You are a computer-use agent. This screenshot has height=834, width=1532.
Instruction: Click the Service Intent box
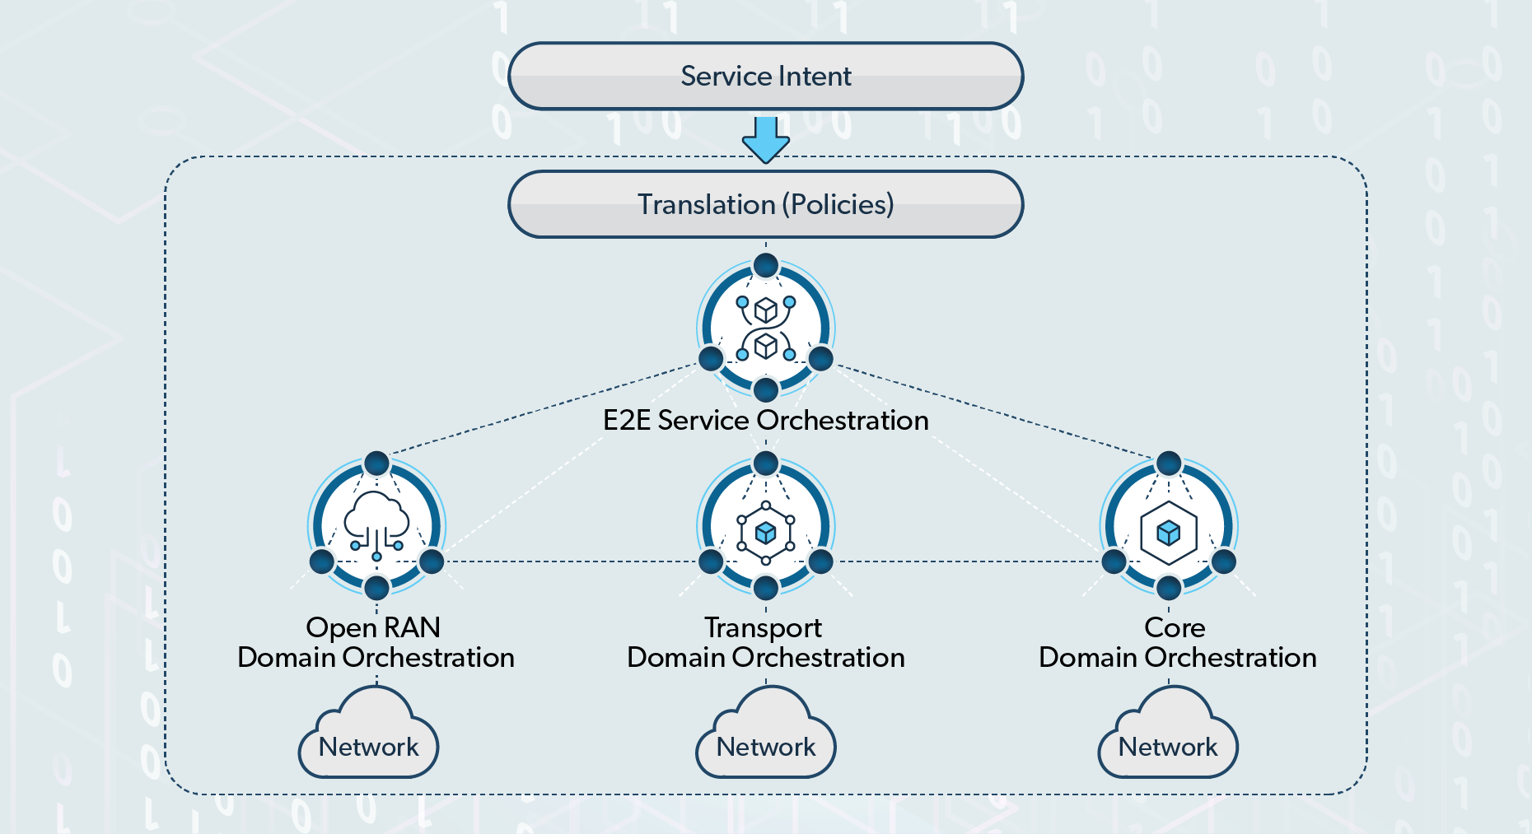point(766,77)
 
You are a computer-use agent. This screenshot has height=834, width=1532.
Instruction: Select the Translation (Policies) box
point(766,204)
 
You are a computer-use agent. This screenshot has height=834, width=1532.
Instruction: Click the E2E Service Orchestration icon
point(766,328)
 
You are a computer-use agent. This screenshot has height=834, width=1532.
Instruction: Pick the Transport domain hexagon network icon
point(766,533)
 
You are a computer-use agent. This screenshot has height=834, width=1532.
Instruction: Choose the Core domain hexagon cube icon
point(1169,533)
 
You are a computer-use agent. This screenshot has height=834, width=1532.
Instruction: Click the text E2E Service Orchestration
point(766,421)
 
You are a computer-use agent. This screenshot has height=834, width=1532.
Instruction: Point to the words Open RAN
point(373,627)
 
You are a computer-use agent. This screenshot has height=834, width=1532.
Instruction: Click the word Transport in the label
point(763,627)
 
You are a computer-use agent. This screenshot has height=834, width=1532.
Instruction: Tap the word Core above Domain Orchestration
point(1175,627)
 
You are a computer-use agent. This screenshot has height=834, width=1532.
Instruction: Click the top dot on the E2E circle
point(766,265)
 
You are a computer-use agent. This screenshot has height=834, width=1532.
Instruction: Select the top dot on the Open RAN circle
point(376,463)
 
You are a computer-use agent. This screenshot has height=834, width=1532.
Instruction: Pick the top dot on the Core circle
point(1169,463)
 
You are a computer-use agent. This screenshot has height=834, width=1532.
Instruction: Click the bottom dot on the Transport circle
point(766,588)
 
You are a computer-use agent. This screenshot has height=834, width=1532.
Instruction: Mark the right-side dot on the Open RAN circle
point(432,561)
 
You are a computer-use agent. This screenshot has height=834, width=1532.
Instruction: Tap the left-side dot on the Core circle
point(1114,561)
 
